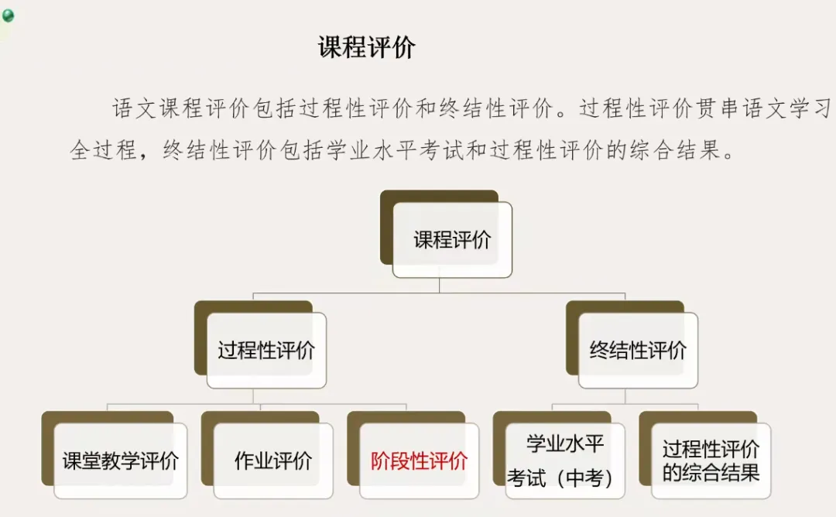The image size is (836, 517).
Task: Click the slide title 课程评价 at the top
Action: coord(367,47)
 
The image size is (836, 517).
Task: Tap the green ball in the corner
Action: coord(8,15)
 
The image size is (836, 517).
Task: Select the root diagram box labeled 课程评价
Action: coord(452,240)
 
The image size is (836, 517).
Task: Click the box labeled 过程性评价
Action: coord(266,351)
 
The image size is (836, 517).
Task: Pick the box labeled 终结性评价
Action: coord(638,351)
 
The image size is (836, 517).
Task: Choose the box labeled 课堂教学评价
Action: coord(120,461)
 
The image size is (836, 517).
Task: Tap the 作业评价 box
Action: coord(273,461)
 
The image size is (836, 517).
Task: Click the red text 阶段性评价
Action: coord(419,461)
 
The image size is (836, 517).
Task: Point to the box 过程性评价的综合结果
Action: coord(711,461)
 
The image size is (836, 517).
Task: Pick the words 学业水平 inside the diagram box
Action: coord(564,444)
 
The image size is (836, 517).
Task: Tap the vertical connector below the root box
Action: coord(439,286)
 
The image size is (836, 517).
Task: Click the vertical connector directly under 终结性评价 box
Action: coord(625,396)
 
